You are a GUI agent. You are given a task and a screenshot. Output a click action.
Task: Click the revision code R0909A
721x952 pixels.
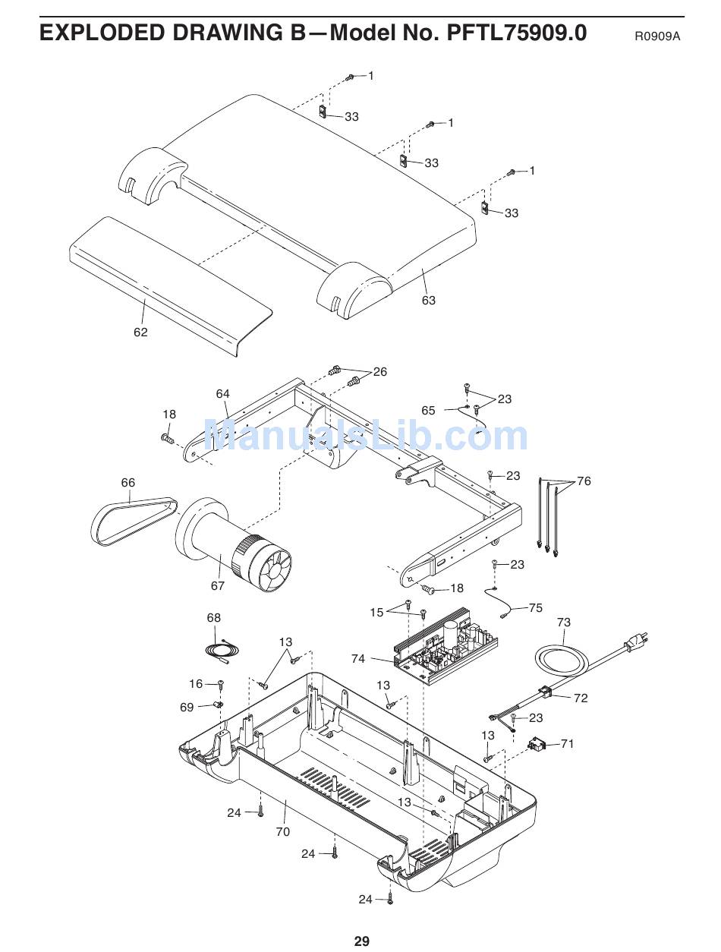pyautogui.click(x=657, y=36)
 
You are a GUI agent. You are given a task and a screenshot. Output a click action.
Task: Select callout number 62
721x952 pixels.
pyautogui.click(x=140, y=333)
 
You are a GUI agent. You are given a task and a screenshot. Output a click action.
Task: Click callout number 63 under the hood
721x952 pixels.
pyautogui.click(x=429, y=300)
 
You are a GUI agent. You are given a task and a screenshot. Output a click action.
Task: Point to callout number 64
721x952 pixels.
pyautogui.click(x=222, y=393)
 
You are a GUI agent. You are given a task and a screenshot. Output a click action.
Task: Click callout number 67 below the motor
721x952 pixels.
pyautogui.click(x=218, y=585)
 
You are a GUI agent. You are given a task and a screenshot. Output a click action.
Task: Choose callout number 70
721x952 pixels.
pyautogui.click(x=282, y=831)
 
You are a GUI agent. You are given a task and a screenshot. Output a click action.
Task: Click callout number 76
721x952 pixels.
pyautogui.click(x=584, y=481)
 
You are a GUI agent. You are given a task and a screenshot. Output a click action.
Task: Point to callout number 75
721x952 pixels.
pyautogui.click(x=536, y=607)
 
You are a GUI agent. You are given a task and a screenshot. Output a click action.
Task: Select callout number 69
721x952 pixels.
pyautogui.click(x=187, y=707)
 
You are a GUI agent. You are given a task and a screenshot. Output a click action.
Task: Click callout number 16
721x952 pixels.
pyautogui.click(x=196, y=684)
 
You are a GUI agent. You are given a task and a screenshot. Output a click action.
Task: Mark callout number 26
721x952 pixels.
pyautogui.click(x=379, y=371)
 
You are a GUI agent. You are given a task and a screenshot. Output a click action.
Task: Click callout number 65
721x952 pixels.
pyautogui.click(x=428, y=410)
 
